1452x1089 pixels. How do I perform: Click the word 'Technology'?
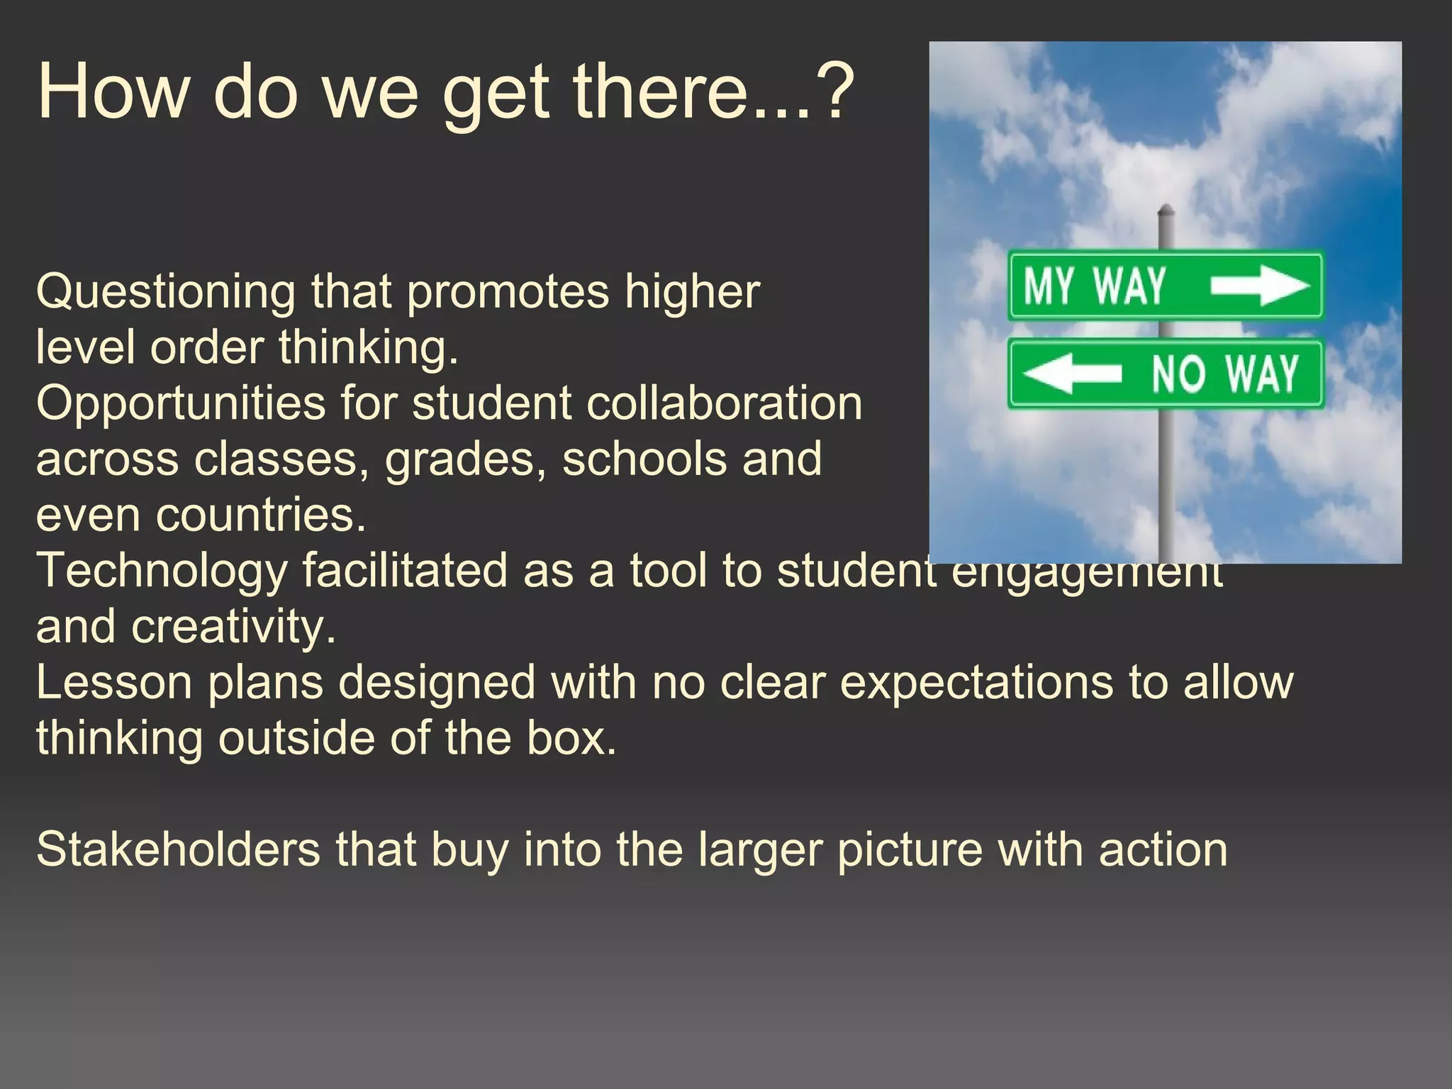[162, 571]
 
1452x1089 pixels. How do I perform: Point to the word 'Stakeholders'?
[178, 849]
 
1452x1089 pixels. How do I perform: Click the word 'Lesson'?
[114, 682]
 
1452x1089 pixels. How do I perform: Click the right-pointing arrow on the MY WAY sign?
[1259, 286]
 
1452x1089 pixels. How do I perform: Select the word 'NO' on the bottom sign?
[1178, 374]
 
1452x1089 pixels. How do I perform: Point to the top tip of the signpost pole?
[1166, 208]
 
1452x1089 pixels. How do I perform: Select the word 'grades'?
[464, 459]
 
